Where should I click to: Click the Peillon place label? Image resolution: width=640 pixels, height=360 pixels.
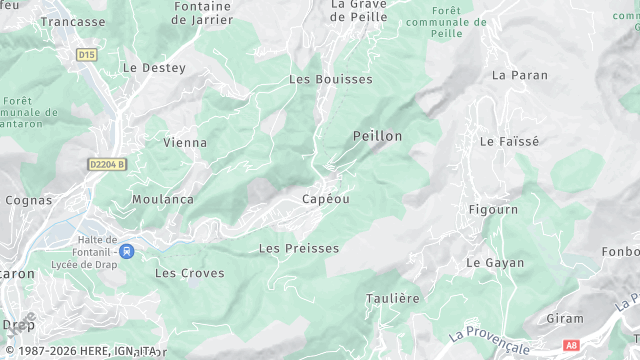377,135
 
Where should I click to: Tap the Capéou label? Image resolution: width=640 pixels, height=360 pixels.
325,199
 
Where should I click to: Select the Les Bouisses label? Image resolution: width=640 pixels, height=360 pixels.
330,79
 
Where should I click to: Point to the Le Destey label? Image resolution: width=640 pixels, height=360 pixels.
154,68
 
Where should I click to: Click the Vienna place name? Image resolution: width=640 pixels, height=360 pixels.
185,143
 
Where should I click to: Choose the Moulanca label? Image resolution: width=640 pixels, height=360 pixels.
163,199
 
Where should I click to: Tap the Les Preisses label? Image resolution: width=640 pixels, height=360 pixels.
299,248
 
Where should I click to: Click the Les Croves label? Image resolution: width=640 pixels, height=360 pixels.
190,272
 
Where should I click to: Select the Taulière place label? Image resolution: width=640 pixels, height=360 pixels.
393,298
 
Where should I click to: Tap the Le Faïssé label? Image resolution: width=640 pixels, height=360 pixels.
509,142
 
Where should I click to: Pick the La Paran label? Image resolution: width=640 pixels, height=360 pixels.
520,75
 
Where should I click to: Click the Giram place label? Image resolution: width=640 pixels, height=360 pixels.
565,318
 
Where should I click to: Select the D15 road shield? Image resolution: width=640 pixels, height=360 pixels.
87,55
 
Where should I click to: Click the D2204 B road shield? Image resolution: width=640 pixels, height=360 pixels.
106,164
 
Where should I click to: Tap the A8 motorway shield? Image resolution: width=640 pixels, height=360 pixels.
571,345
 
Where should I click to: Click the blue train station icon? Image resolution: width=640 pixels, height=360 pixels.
127,252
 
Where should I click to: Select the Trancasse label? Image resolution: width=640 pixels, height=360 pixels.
73,21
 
